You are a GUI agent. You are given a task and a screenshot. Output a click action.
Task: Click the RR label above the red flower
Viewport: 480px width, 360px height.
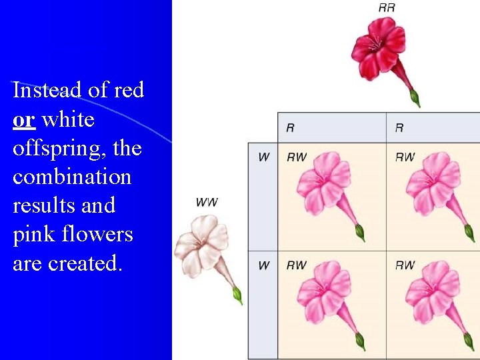point(387,8)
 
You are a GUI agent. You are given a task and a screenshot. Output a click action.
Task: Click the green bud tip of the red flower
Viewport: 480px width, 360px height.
point(415,99)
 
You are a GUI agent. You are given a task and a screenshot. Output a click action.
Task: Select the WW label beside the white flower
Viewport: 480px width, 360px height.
point(207,202)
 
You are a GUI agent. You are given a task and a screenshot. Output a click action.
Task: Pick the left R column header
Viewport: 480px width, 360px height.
point(290,127)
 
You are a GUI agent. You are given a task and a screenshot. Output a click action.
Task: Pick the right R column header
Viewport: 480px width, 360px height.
point(399,127)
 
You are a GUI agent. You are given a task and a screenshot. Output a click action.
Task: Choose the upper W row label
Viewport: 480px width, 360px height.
point(264,157)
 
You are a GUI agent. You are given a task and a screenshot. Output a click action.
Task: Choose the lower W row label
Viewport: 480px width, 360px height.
point(264,265)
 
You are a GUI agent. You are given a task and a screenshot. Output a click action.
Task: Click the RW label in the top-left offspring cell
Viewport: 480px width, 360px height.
point(297,157)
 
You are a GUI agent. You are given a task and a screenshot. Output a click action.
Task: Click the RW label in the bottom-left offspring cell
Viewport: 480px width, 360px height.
point(297,265)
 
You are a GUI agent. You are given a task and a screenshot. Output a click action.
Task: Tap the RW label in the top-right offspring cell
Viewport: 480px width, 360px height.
point(405,157)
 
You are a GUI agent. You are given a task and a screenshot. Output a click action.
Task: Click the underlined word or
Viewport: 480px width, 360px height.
point(23,120)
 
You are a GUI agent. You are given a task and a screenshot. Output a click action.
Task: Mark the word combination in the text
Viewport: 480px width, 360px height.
point(72,177)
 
